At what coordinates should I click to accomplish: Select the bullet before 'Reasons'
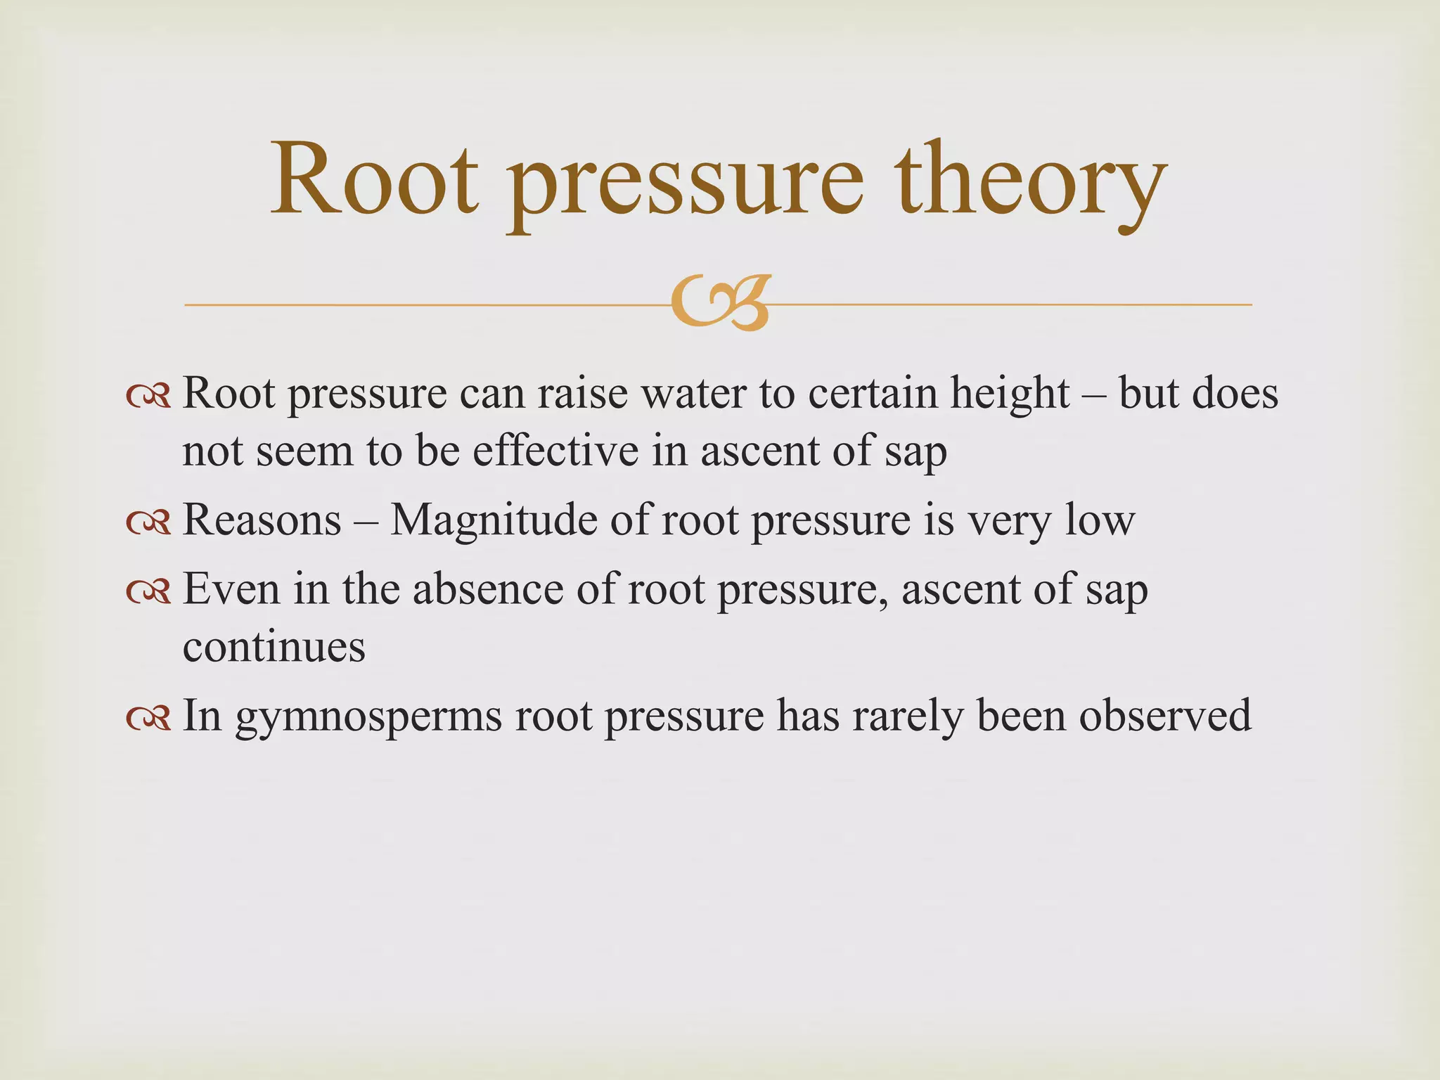pos(148,522)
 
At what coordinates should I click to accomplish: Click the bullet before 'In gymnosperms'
pos(148,718)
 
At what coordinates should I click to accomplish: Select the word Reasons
pos(262,521)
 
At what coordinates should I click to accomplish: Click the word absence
pos(488,589)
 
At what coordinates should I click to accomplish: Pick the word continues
pos(274,647)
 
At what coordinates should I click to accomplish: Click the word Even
pos(231,589)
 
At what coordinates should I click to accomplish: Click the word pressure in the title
pos(685,184)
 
